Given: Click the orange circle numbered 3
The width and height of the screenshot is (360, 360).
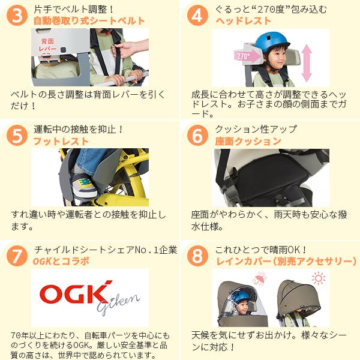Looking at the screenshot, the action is pos(17,15).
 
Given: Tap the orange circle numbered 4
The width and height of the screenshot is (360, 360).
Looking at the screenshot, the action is pos(197,15).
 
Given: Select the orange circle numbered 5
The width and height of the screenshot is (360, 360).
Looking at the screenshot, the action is pos(17,135).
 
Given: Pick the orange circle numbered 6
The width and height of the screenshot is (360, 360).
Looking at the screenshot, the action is pos(197,135).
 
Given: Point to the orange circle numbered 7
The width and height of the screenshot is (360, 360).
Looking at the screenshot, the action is pos(17,256).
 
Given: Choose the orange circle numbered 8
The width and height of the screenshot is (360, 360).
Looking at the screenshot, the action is pos(197,256).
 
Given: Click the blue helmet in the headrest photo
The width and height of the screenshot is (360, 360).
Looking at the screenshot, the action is pos(272,43).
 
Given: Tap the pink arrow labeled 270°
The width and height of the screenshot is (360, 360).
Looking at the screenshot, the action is pos(247,56).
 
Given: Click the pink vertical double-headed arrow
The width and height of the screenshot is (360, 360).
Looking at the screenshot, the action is pos(307,63).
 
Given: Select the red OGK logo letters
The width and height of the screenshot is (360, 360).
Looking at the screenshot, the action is pos(76,293).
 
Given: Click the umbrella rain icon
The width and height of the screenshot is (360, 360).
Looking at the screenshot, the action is pos(260,278).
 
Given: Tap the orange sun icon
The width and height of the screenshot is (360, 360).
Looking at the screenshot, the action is pos(319,278).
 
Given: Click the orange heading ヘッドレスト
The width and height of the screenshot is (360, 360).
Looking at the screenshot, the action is pos(244,21).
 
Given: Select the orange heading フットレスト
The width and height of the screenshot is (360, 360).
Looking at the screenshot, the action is pos(61,141).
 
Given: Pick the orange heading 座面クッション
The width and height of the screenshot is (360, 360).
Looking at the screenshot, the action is pos(248,141).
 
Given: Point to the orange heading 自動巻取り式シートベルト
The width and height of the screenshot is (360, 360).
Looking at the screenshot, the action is pos(89,21).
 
